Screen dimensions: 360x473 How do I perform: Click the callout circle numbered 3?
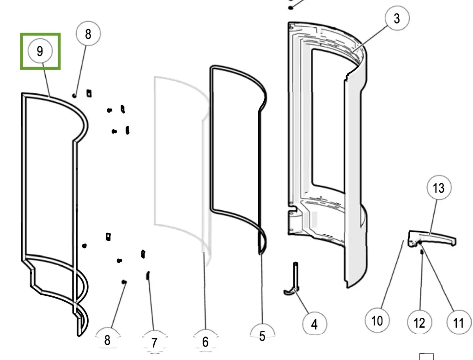click(x=396, y=19)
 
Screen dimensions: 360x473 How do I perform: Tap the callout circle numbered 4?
click(x=314, y=324)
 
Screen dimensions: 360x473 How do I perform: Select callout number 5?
click(x=262, y=336)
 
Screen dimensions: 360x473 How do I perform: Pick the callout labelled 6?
click(x=206, y=342)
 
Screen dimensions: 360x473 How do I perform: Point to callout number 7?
click(x=154, y=342)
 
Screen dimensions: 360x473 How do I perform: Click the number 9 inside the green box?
click(x=40, y=51)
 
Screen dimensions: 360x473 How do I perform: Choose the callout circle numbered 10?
click(x=377, y=320)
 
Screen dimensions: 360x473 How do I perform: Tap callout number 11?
click(x=458, y=322)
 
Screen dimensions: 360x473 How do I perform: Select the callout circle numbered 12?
click(x=419, y=322)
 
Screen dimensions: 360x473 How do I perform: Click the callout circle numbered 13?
click(x=438, y=188)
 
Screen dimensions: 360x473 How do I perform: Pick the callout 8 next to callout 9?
click(x=88, y=34)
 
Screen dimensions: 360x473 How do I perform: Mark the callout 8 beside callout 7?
click(x=107, y=341)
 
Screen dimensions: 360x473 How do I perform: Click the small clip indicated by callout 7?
click(x=148, y=275)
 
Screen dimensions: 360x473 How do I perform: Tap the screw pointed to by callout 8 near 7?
click(x=124, y=281)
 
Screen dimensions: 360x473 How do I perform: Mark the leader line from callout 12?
click(x=420, y=282)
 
